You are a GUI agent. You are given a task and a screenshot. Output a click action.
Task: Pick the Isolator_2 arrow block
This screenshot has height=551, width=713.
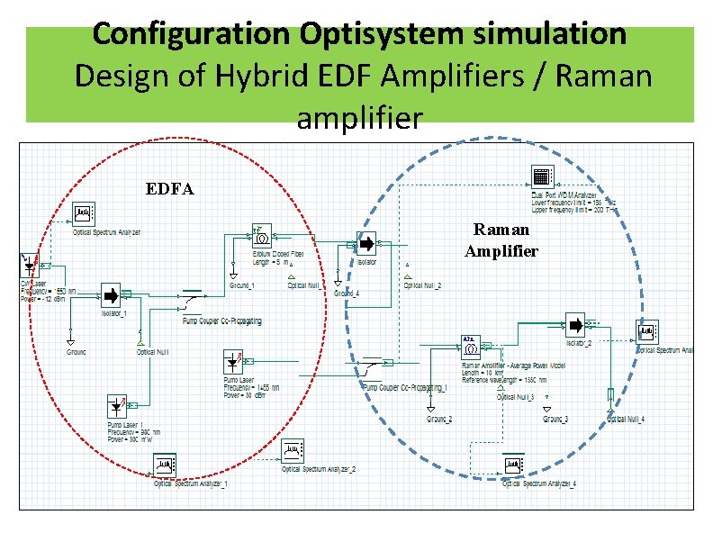[574, 325]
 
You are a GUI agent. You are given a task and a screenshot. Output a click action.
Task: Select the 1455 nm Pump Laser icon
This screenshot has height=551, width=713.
[234, 362]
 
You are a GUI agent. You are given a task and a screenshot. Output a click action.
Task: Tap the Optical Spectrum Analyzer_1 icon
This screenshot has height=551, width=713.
[166, 465]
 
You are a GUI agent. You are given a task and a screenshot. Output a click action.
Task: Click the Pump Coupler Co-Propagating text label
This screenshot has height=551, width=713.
[222, 321]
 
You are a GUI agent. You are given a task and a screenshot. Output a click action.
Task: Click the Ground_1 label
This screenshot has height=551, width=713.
[241, 285]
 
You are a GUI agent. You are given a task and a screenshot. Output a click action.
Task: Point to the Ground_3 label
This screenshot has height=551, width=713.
[555, 419]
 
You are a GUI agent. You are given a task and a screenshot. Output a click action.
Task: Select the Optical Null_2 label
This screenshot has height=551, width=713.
[422, 285]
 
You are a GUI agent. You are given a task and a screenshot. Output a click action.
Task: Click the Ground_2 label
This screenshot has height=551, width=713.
[439, 419]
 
